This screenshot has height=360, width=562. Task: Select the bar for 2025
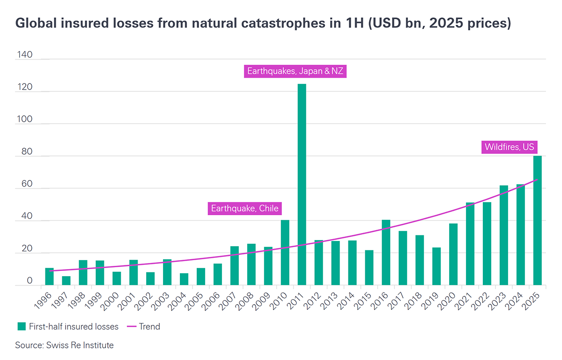tap(537, 220)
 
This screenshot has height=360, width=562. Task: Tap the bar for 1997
tap(66, 280)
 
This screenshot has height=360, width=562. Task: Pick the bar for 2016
tap(386, 252)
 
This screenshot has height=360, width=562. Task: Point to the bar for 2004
tap(184, 279)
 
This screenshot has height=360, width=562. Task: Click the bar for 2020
tap(453, 254)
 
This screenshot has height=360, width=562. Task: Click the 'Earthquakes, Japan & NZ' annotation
tap(296, 72)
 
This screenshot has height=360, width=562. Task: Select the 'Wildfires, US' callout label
tap(509, 147)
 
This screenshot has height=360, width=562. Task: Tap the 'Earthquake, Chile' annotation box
tap(244, 209)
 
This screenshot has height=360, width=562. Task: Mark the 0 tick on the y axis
tap(30, 281)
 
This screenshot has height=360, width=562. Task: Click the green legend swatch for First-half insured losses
tap(21, 326)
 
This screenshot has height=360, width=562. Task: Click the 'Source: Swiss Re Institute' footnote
tap(64, 345)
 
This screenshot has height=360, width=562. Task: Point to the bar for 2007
tap(235, 265)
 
